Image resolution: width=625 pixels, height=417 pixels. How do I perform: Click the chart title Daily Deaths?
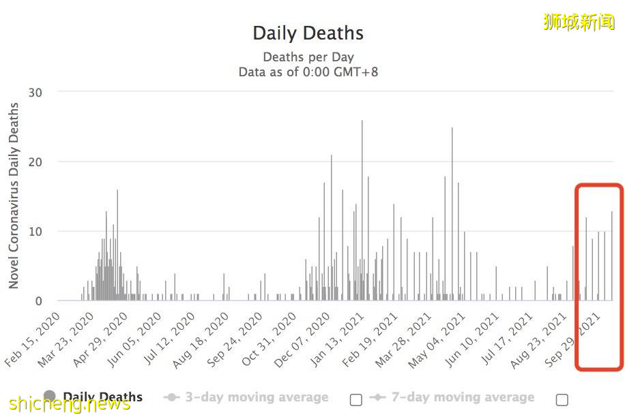pos(308,33)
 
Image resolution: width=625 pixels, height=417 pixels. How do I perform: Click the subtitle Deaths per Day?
pos(308,57)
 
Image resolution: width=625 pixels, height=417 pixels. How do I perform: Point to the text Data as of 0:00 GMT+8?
pos(308,72)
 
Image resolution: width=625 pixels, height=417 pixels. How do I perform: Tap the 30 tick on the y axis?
pos(34,91)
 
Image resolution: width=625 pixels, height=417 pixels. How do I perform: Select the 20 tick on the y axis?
pos(34,161)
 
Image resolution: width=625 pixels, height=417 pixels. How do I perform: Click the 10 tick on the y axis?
pos(34,232)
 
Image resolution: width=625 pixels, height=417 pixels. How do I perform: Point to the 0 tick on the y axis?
pos(38,301)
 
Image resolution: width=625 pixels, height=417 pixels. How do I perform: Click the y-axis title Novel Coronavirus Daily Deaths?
pos(14,196)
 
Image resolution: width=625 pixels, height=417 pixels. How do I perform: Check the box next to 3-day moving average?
pos(355,399)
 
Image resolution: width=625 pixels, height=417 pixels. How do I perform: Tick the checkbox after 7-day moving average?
pos(562,399)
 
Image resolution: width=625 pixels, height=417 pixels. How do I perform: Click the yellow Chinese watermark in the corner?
pos(579,22)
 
